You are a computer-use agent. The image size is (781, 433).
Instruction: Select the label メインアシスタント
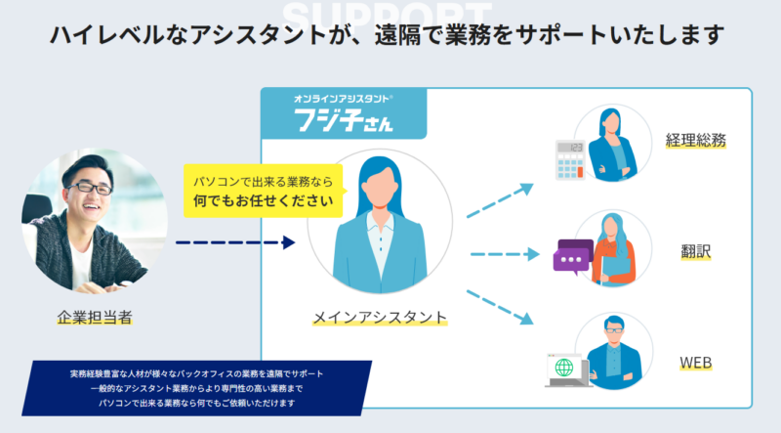point(380,317)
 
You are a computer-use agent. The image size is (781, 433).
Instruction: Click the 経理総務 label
point(695,140)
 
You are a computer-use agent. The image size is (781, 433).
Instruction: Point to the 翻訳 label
point(695,251)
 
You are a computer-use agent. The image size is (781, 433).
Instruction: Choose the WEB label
point(695,364)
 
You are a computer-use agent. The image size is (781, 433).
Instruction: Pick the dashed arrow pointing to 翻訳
point(504,255)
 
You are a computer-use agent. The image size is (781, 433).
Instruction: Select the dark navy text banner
point(202,387)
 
